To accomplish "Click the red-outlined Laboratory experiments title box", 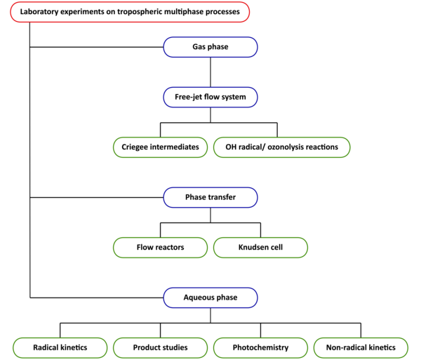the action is [x=130, y=12].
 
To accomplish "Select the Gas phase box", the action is [x=210, y=47].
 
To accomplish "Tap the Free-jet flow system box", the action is [x=210, y=97].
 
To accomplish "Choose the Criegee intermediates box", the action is [x=160, y=147].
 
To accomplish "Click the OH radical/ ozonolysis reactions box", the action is [x=282, y=147].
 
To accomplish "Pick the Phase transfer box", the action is [x=210, y=197].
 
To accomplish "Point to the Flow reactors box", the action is [x=160, y=248].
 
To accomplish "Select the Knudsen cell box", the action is [x=261, y=248].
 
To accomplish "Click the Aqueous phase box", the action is [x=210, y=298].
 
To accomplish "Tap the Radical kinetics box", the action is [x=60, y=348].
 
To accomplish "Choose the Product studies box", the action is [x=160, y=348].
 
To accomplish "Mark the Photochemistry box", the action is [x=261, y=348].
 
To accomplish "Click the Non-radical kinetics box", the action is [x=361, y=348].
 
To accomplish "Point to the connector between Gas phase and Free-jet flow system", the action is [x=210, y=72].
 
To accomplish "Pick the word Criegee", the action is [x=135, y=147].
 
